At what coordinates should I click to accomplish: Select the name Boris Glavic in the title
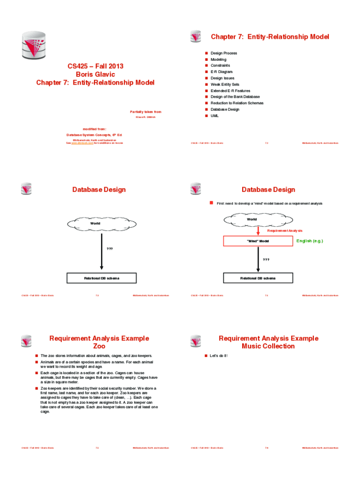pos(95,74)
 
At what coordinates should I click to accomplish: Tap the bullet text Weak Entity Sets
pos(228,85)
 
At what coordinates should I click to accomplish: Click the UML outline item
pos(215,116)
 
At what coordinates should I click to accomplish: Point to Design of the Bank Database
pos(235,97)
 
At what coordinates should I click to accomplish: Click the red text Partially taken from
pos(145,112)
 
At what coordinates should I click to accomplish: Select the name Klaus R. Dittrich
pos(145,117)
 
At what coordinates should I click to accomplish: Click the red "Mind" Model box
pos(258,241)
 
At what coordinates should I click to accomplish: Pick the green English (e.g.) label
pos(310,241)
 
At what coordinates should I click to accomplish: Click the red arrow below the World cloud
pos(258,230)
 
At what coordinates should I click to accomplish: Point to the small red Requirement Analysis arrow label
pos(285,231)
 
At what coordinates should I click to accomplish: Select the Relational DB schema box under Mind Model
pos(258,278)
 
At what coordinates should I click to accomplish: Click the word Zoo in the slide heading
pos(99,347)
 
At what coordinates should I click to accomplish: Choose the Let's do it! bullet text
pos(219,356)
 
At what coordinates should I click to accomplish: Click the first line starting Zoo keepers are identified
pos(98,389)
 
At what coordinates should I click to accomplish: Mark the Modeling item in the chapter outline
pos(218,59)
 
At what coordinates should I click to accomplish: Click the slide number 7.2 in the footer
pos(266,143)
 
